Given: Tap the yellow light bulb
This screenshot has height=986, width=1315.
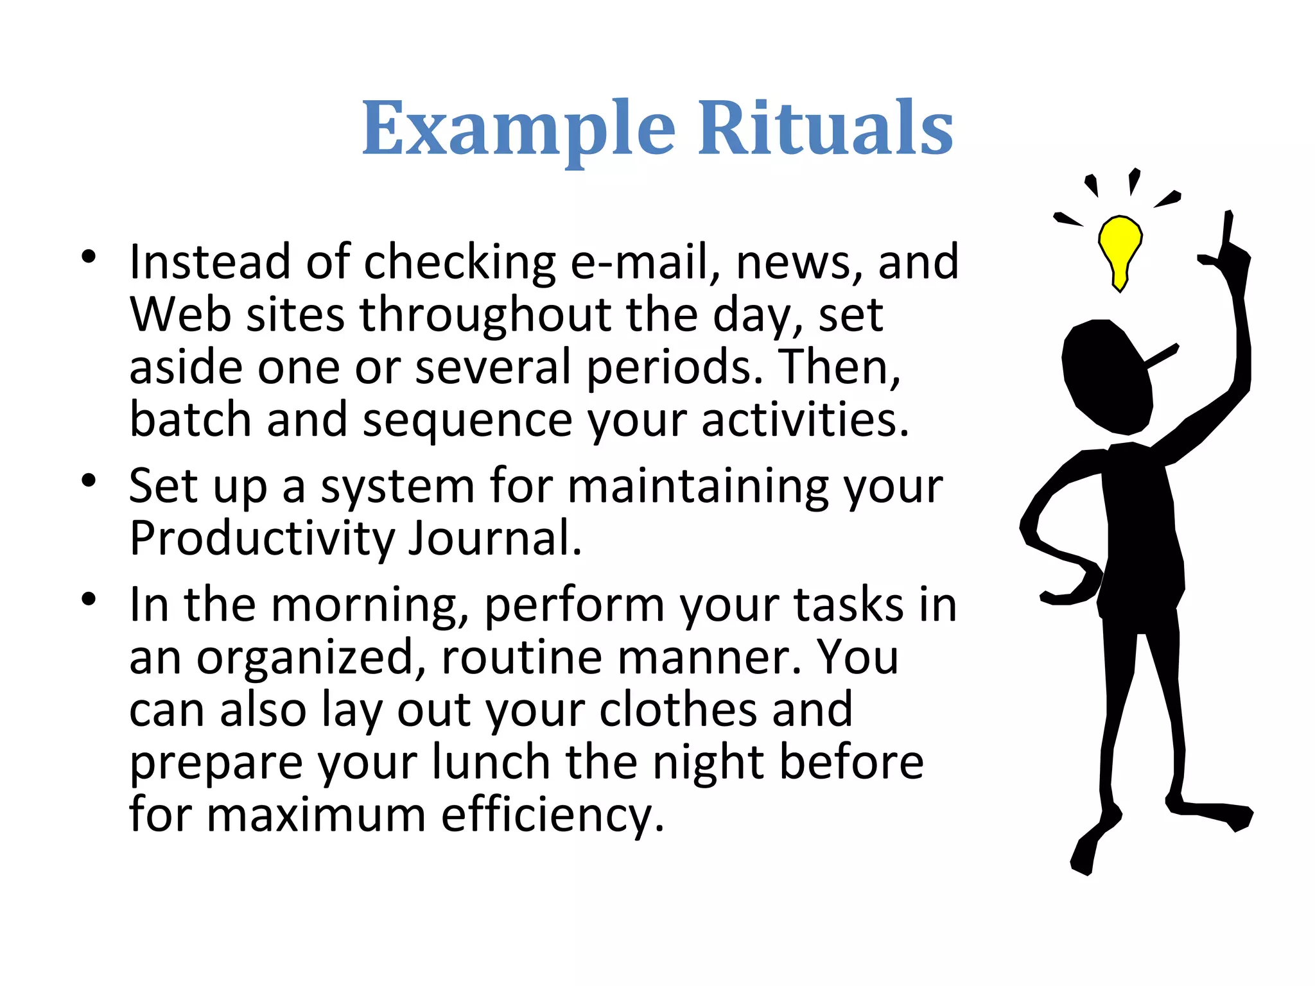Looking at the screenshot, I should click(x=1120, y=247).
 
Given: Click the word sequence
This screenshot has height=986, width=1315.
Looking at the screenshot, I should click(x=467, y=420).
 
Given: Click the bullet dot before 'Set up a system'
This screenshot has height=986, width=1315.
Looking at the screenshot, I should click(x=89, y=480).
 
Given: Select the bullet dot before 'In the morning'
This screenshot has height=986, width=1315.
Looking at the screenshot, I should click(x=89, y=600).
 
